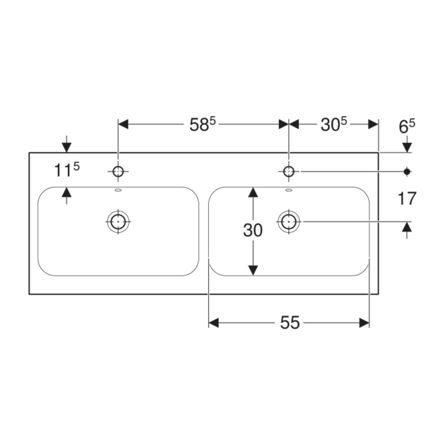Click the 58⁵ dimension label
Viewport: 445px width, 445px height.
point(203,125)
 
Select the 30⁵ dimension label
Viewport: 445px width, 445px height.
point(334,125)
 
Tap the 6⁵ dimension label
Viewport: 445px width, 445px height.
point(407,127)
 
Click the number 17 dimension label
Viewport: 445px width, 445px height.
point(407,198)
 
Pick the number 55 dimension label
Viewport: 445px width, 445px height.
point(290,323)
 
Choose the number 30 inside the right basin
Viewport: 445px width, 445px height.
point(253,230)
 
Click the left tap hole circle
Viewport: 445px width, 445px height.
point(118,172)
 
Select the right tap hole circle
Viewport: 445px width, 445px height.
point(288,172)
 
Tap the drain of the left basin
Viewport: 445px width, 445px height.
point(118,221)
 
